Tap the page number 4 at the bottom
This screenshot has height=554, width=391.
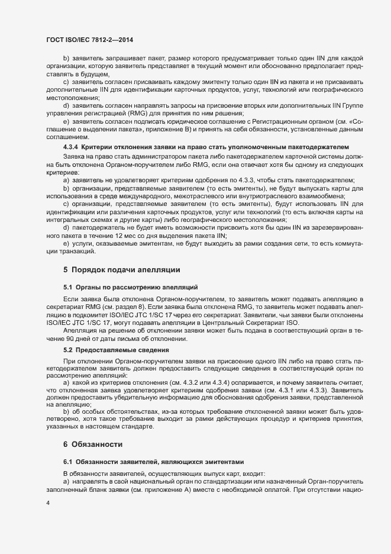[48, 504]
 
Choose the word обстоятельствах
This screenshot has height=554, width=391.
[113, 410]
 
